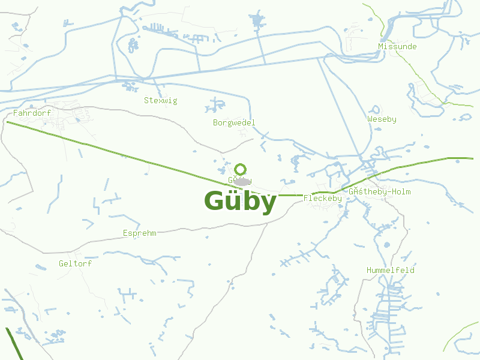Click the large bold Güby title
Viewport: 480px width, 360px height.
click(x=240, y=202)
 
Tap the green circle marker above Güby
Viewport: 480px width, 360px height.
click(x=241, y=169)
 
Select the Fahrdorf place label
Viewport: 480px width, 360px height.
click(x=32, y=113)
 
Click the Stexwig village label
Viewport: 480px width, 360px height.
click(x=160, y=100)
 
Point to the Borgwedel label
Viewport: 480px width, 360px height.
click(x=234, y=122)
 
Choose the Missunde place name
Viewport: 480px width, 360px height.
click(x=397, y=46)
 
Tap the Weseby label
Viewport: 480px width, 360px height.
click(x=382, y=119)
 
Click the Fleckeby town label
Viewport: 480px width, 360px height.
click(x=323, y=198)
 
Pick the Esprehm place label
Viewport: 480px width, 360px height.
click(x=139, y=233)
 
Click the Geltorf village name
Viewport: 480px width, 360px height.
click(x=75, y=263)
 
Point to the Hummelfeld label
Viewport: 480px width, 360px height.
click(x=391, y=270)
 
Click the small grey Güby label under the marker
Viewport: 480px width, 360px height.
click(x=240, y=181)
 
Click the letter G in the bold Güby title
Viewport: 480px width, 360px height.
click(x=215, y=202)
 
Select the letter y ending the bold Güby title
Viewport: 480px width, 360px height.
click(x=268, y=204)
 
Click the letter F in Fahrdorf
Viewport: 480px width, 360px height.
click(x=16, y=113)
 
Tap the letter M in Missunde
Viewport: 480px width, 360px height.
click(x=381, y=46)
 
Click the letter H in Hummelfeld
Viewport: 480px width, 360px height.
click(x=369, y=270)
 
